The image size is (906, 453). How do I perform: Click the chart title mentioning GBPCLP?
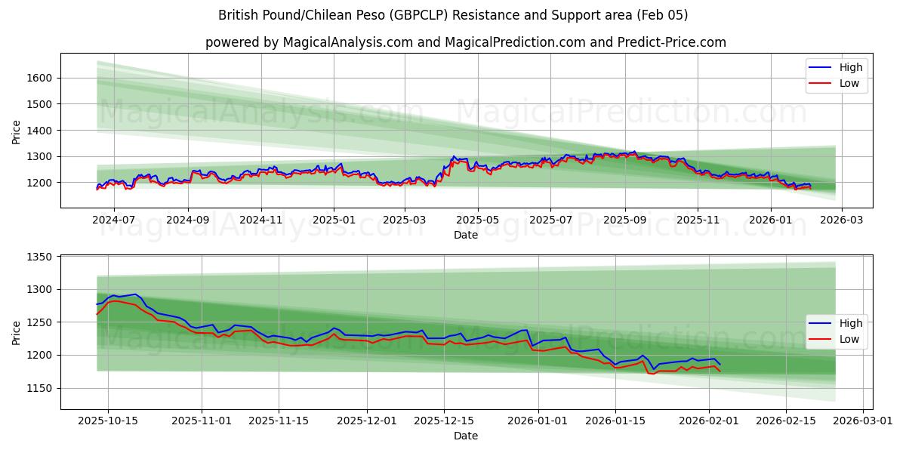453,15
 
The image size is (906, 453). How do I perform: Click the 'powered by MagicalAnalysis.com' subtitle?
465,42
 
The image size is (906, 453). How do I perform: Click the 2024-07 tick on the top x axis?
113,219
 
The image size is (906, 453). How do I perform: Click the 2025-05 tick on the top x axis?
477,219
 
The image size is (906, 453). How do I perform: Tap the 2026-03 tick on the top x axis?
841,219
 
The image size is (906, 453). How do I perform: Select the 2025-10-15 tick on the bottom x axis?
108,421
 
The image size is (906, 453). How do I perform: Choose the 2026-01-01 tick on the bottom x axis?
538,421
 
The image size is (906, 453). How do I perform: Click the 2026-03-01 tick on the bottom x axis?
862,421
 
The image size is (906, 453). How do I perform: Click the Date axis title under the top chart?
465,235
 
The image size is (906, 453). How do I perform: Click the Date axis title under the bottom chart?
465,436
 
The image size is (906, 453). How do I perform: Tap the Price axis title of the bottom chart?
17,332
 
